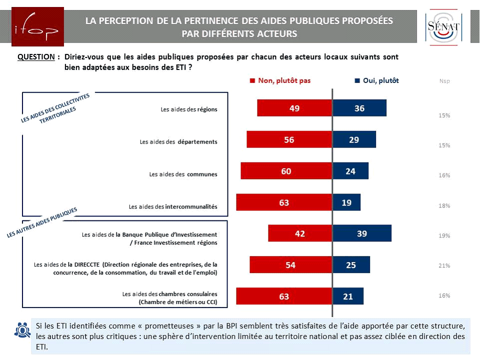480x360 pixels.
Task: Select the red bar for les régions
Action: point(294,108)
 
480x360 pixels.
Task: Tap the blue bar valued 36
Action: point(359,108)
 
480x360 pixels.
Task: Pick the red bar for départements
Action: point(289,139)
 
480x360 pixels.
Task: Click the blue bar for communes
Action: point(350,171)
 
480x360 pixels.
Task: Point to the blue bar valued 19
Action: point(346,202)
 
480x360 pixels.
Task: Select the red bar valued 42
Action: point(300,233)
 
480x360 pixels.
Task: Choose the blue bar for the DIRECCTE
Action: point(351,264)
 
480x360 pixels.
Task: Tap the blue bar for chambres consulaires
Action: point(348,296)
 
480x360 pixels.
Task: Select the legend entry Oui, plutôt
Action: point(376,80)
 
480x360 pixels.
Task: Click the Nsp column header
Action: point(444,81)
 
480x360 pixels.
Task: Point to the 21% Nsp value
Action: point(444,265)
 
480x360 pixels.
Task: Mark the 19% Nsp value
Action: point(444,235)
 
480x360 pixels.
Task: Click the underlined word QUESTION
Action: point(36,57)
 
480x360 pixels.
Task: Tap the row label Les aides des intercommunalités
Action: point(172,206)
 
